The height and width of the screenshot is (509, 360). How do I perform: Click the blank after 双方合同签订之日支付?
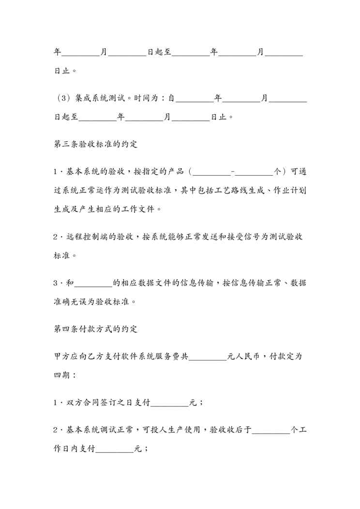click(170, 402)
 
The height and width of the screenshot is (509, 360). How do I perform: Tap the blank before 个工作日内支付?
click(271, 430)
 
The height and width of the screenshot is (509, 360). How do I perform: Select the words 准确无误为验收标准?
click(91, 301)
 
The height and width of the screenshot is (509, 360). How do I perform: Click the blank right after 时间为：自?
click(195, 99)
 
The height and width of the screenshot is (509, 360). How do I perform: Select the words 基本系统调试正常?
click(100, 430)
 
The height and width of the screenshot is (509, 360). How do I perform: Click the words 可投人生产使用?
click(172, 430)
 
